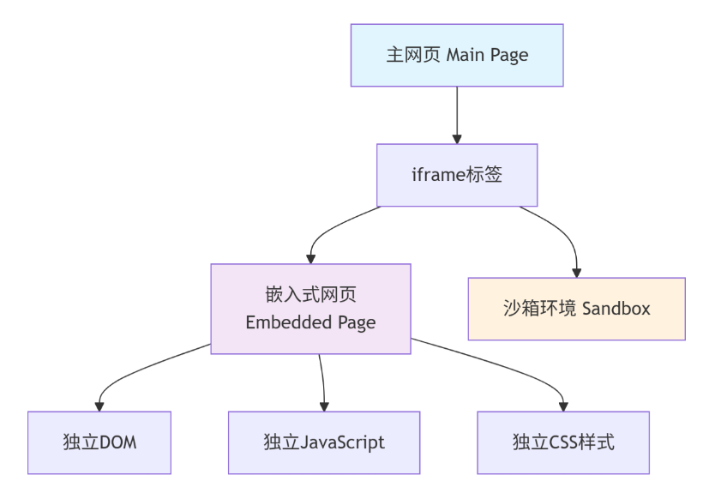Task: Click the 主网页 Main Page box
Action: click(x=456, y=55)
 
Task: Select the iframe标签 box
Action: click(x=456, y=175)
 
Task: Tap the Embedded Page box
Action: click(x=310, y=309)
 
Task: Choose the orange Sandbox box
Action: click(x=576, y=309)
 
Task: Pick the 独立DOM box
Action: click(x=99, y=442)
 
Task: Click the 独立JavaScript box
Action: click(x=324, y=442)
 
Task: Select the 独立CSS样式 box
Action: click(x=563, y=442)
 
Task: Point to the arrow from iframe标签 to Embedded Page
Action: click(x=330, y=226)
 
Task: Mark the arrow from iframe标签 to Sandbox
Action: click(x=562, y=231)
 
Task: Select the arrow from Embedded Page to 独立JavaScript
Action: click(x=322, y=382)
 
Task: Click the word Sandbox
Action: click(x=616, y=309)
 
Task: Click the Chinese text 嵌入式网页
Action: click(x=310, y=296)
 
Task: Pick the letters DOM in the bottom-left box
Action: click(x=119, y=443)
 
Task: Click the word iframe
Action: click(x=437, y=175)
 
